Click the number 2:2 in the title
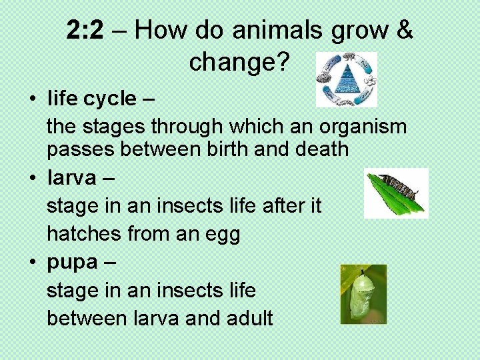(x=85, y=30)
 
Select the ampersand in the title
(x=404, y=30)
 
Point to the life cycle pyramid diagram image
(x=347, y=79)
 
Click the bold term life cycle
(x=91, y=99)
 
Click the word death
(x=319, y=149)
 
